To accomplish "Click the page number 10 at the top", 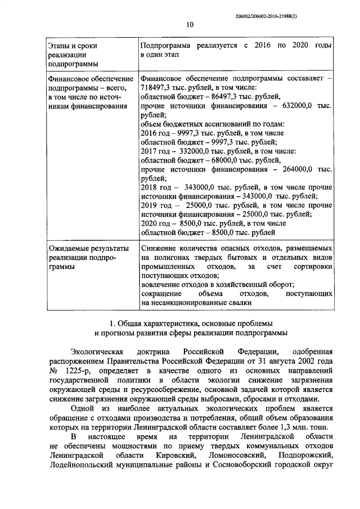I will click(190, 24).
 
